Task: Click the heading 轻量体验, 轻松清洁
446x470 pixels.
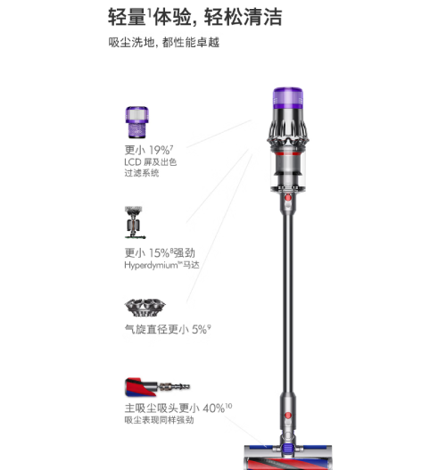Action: (x=194, y=17)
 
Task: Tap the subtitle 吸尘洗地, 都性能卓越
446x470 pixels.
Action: (x=163, y=42)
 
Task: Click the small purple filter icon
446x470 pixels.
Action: (x=137, y=122)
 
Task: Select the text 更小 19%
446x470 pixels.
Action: (x=149, y=150)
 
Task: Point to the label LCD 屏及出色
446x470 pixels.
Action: (x=150, y=162)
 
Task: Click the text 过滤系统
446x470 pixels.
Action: (x=142, y=173)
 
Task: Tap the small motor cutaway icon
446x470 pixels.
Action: (x=134, y=222)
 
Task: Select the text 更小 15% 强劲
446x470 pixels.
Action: (x=160, y=253)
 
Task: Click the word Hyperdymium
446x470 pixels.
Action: (x=151, y=266)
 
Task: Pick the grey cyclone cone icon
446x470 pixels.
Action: (x=145, y=308)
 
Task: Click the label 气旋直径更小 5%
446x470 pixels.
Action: (x=168, y=329)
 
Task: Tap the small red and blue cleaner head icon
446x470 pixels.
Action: (x=157, y=387)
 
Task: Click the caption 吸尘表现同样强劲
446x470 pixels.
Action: (x=159, y=420)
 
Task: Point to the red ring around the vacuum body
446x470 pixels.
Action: (x=288, y=153)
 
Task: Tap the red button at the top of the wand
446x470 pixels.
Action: (x=288, y=198)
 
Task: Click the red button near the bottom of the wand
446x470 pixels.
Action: (x=288, y=416)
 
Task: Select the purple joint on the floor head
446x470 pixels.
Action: (x=287, y=448)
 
